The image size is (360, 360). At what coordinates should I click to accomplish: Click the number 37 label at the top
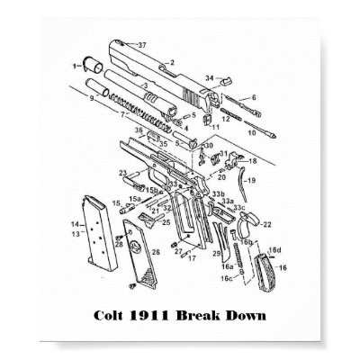(x=139, y=43)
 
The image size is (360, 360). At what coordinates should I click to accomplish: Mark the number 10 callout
(x=255, y=97)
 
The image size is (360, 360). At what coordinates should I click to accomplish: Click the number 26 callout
(x=157, y=255)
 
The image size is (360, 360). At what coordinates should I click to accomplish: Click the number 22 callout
(x=267, y=224)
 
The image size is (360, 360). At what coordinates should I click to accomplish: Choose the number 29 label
(x=217, y=254)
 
